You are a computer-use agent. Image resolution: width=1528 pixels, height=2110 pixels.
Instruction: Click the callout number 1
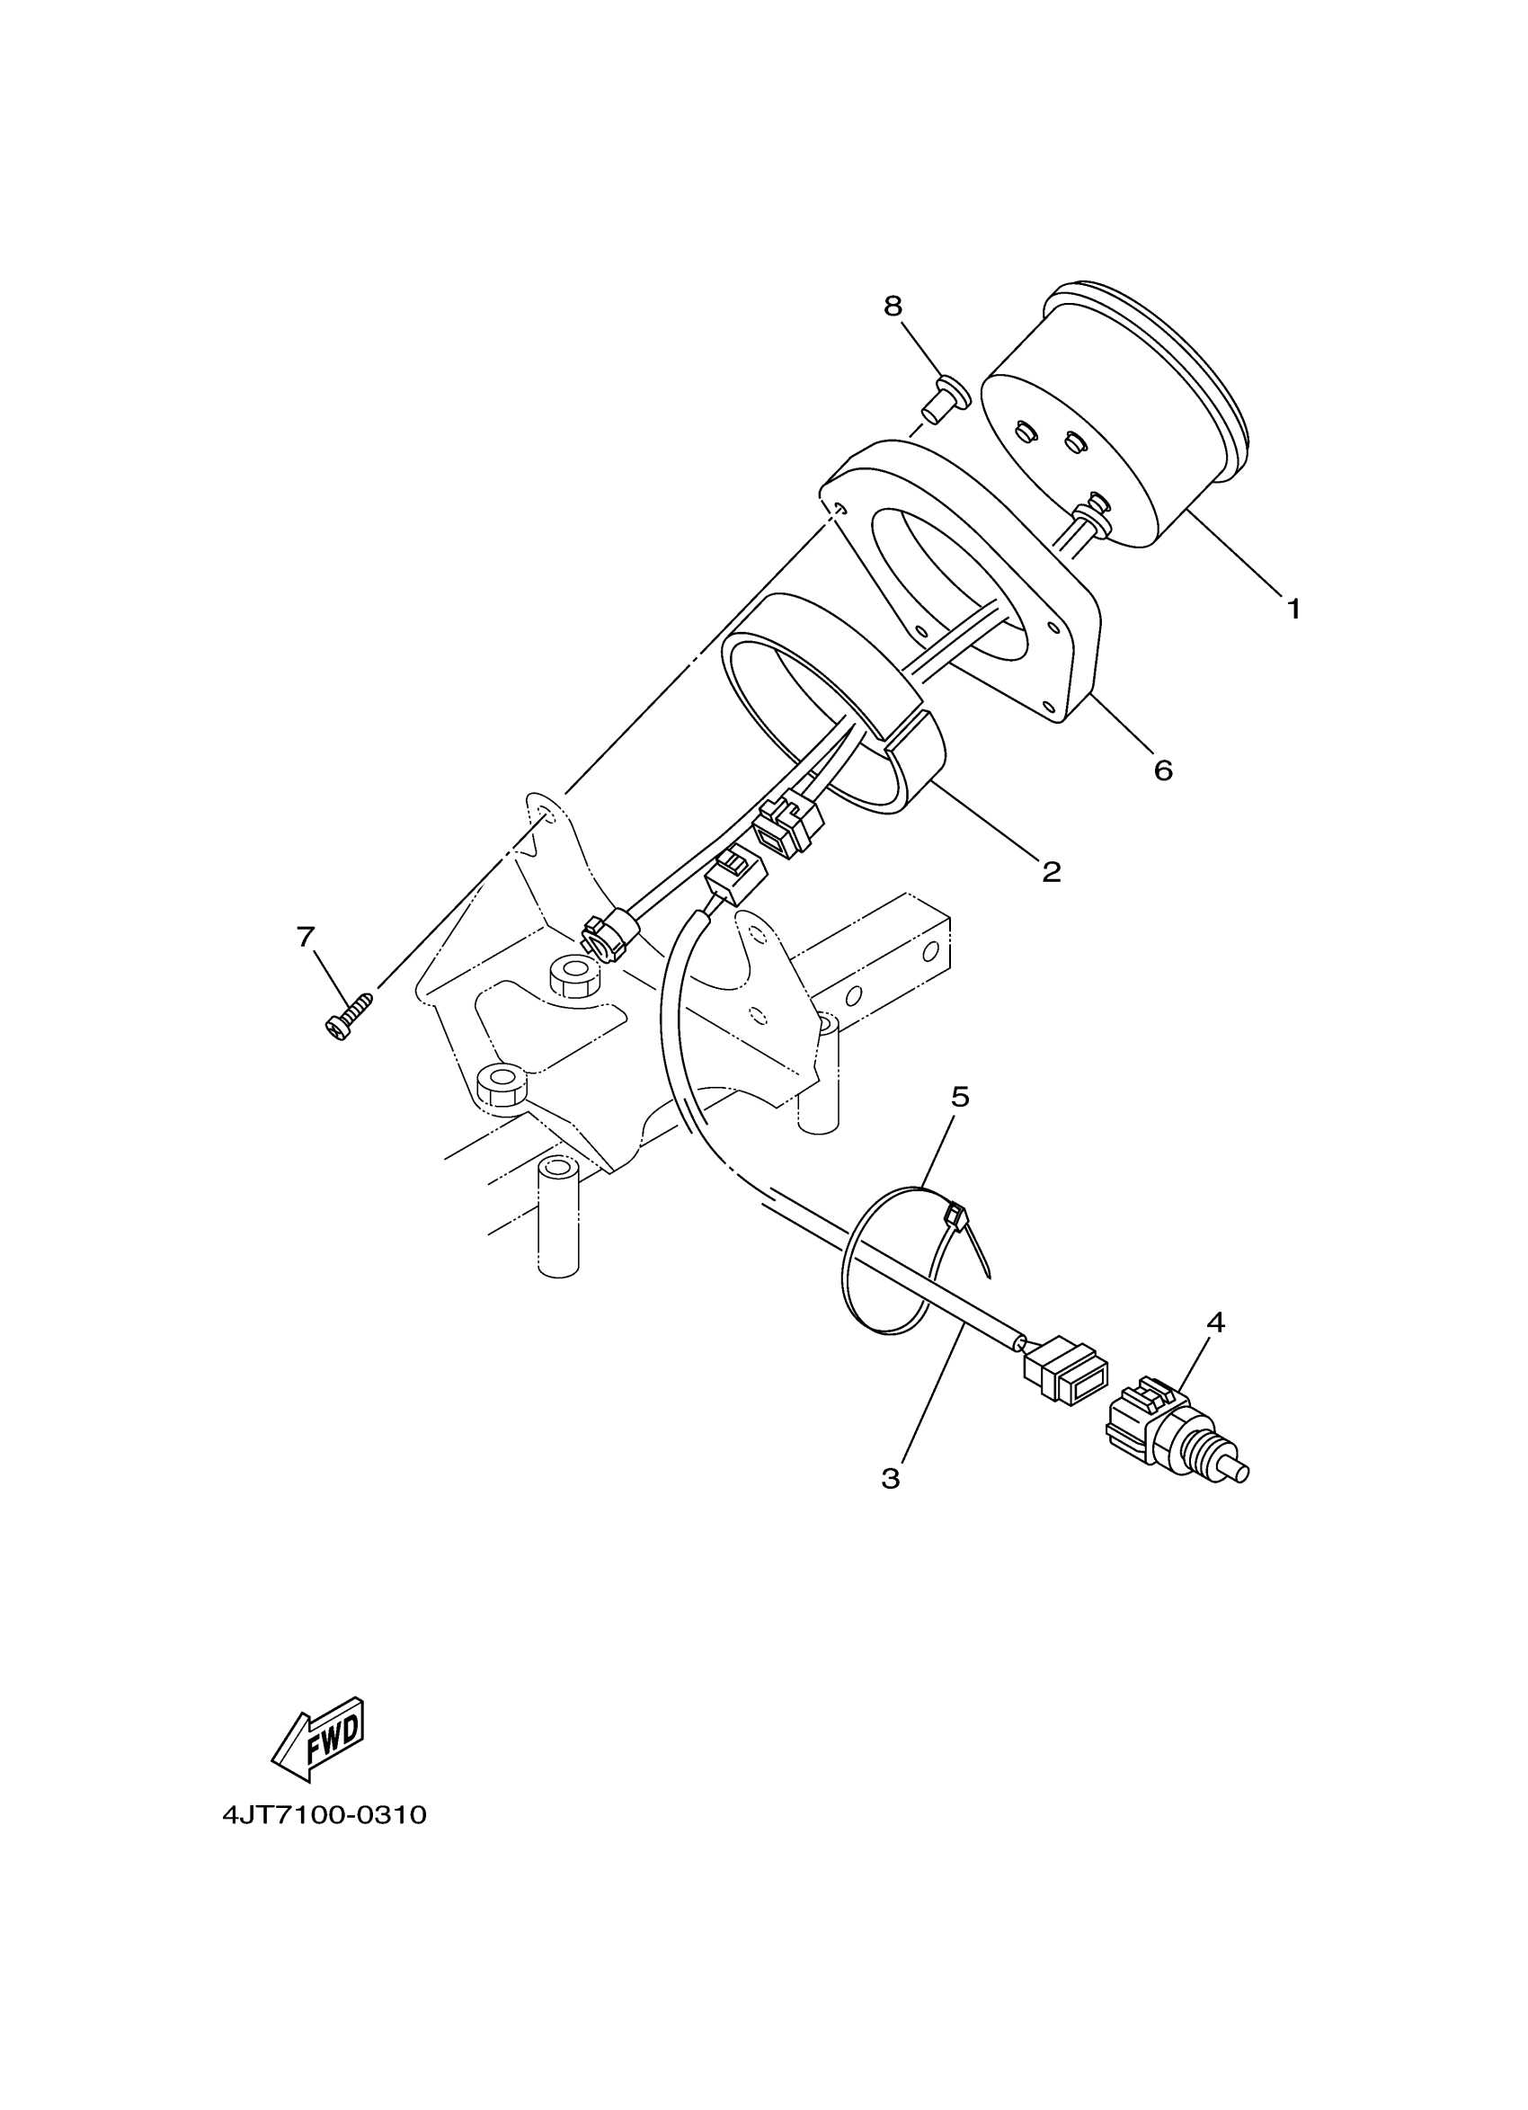click(x=1293, y=610)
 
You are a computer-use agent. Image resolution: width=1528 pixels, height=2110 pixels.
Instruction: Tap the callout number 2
click(x=1051, y=872)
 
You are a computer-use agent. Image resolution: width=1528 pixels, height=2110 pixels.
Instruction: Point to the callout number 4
click(x=1215, y=1322)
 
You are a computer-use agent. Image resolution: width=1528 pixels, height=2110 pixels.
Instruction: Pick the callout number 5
click(x=960, y=1097)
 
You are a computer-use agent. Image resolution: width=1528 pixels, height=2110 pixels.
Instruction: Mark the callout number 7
click(x=306, y=937)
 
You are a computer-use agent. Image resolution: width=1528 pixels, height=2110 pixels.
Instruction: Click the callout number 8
click(x=893, y=306)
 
